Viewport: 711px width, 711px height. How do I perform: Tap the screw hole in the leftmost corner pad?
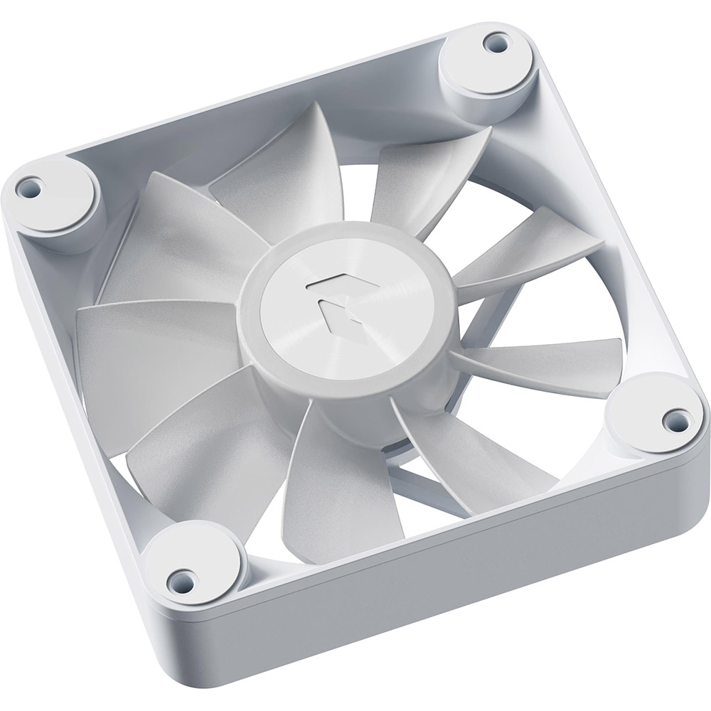[x=30, y=188]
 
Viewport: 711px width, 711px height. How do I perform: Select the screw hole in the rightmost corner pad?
[x=670, y=418]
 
